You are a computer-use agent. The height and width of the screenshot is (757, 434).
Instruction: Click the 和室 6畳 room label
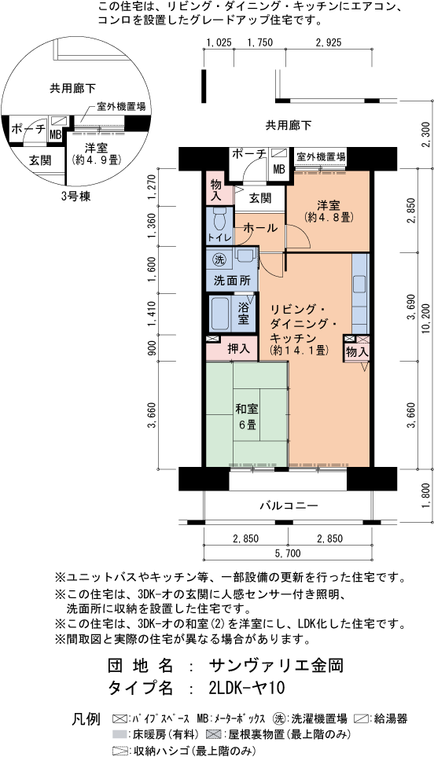coord(247,417)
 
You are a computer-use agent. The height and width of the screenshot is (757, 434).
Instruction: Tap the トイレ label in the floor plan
coord(219,237)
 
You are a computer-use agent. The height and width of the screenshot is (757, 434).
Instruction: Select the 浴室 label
coord(244,313)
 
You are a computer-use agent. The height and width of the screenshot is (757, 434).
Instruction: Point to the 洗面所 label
coord(232,281)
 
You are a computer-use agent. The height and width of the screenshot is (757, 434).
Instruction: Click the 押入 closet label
coord(238,348)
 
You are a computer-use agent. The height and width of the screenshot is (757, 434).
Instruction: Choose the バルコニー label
coord(289,505)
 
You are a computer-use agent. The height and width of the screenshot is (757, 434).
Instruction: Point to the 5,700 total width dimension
coord(288,553)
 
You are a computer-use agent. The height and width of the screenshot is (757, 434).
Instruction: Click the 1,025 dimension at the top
coord(219,42)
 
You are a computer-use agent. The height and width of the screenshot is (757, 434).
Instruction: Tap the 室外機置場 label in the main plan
coord(321,157)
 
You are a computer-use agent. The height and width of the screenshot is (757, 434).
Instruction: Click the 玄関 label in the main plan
coord(260,198)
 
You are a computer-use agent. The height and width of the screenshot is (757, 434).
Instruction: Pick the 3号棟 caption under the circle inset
coord(75,197)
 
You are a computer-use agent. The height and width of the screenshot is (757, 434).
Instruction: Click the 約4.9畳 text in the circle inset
coord(95,160)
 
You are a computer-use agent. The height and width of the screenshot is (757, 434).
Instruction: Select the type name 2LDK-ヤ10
coord(247,688)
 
